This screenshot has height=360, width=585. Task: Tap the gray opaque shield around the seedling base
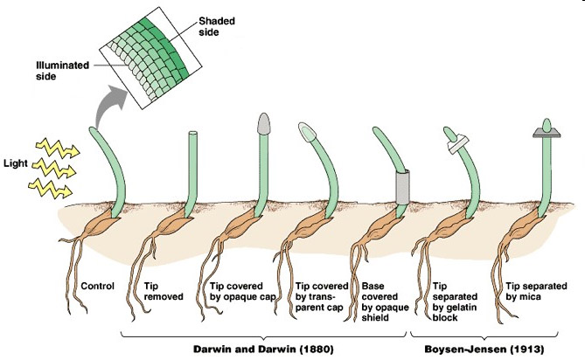tap(401, 185)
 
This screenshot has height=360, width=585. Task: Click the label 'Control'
tap(96, 286)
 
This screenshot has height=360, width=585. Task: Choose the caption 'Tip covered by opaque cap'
tap(241, 291)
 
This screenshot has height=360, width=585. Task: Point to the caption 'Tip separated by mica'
tap(535, 291)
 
